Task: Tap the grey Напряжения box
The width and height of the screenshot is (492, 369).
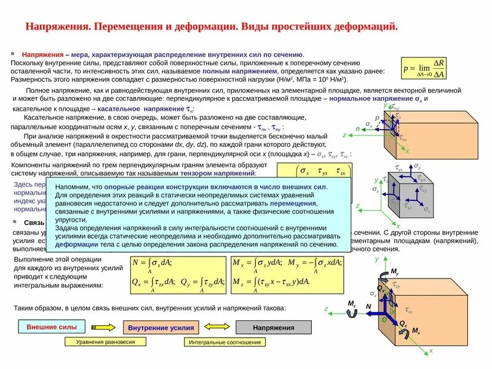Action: pos(274,328)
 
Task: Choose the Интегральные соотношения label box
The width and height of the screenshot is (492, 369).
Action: pos(216,342)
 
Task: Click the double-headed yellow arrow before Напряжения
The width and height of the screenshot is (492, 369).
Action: pos(215,328)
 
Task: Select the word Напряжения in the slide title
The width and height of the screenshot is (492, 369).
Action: pos(58,28)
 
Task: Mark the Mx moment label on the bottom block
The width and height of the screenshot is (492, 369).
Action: pos(416,331)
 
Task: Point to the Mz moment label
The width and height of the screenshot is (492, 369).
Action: pos(352,304)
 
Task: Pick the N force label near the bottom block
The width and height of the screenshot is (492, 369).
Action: pos(368,306)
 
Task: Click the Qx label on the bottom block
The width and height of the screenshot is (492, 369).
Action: pos(403,323)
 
